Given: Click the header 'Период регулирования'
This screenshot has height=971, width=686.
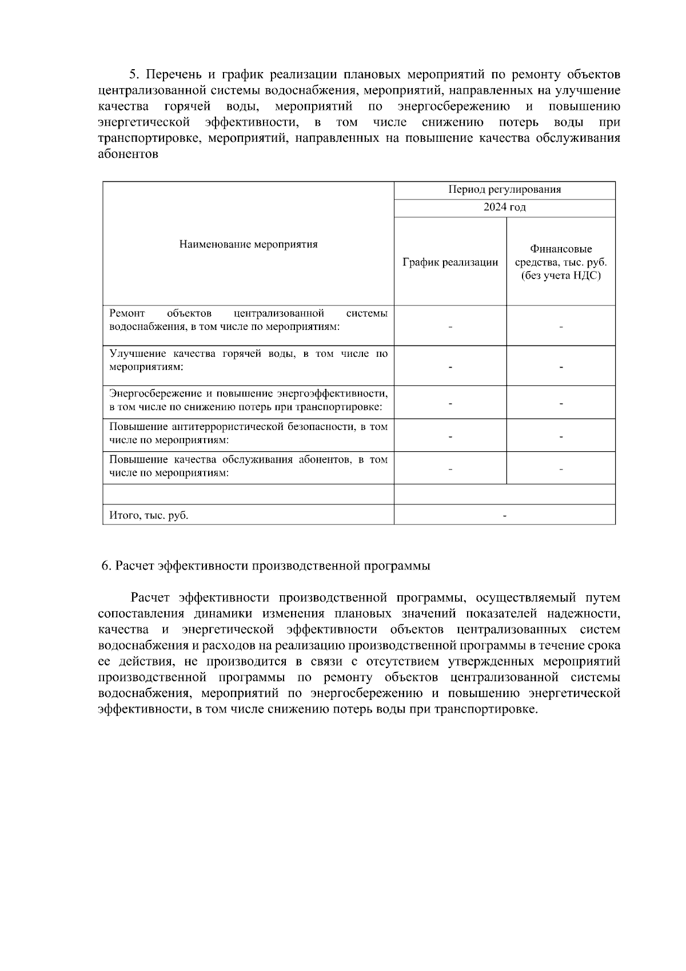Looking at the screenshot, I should click(504, 189).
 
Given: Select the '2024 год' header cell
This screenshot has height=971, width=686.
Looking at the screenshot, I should click(504, 207).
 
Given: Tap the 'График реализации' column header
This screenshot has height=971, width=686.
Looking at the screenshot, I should click(450, 262).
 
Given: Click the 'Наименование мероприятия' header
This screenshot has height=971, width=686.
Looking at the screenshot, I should click(248, 245).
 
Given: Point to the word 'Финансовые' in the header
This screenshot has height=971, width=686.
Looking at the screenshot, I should click(560, 249).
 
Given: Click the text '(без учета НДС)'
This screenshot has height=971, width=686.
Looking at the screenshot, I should click(560, 276).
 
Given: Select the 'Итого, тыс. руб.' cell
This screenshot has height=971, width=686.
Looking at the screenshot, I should click(149, 515).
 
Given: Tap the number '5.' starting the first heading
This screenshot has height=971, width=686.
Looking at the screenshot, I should click(134, 75).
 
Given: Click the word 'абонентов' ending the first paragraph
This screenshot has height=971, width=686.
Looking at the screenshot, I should click(128, 154).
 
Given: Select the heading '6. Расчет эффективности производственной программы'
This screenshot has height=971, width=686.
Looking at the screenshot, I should click(266, 566).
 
